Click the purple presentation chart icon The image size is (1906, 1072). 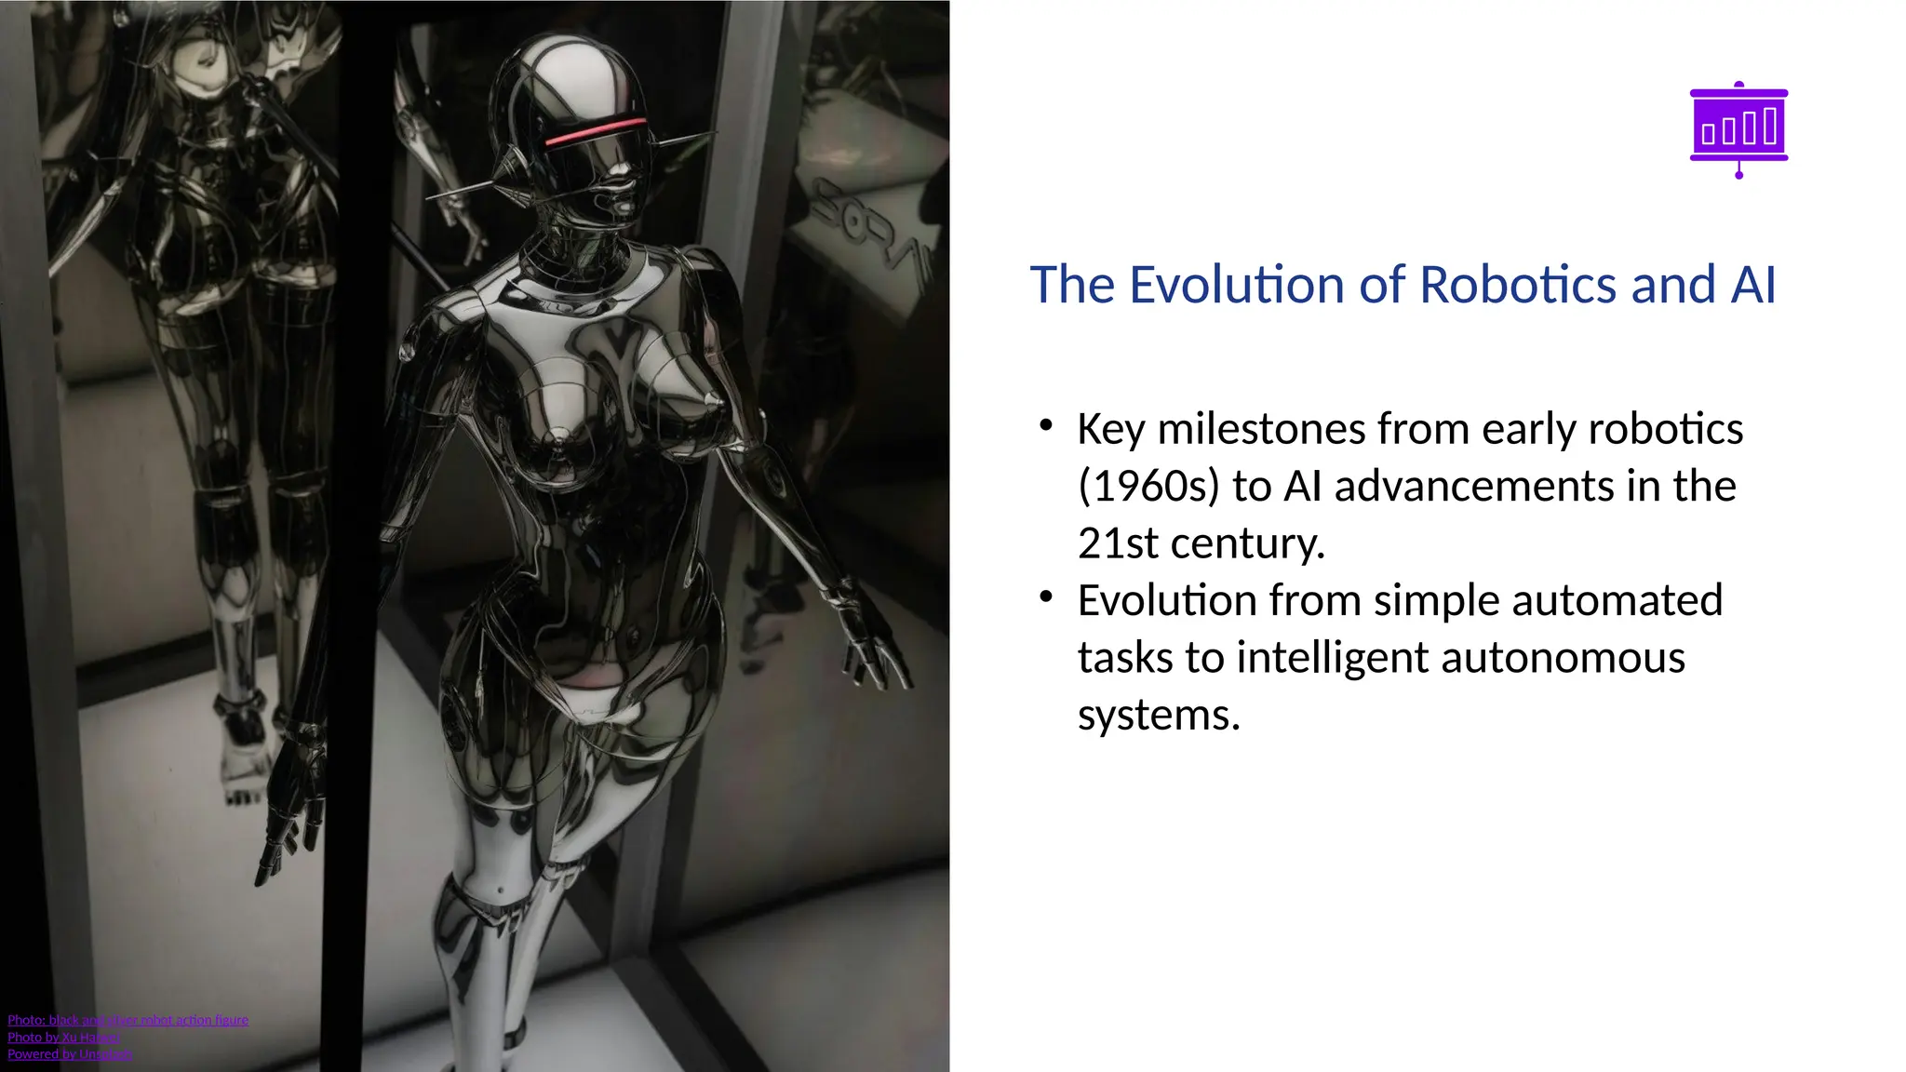1738,129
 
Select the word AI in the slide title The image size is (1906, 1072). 1752,285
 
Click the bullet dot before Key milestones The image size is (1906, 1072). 1046,425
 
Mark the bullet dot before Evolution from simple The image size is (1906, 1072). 1046,596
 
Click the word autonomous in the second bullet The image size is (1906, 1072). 1563,658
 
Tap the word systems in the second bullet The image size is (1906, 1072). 1159,716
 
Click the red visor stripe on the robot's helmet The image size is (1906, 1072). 596,131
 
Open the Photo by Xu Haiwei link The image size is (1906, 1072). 64,1037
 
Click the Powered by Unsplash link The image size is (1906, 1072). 70,1054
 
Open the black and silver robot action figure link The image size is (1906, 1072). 128,1020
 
